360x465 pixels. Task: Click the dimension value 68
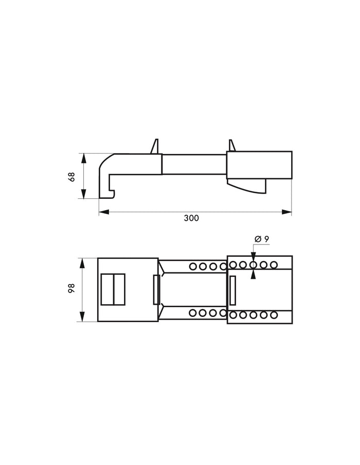tap(72, 176)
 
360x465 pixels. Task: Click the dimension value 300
tap(191, 218)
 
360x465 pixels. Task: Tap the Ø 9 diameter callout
tap(262, 239)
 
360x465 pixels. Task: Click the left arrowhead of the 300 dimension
tap(104, 212)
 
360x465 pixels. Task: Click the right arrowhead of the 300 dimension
tap(286, 212)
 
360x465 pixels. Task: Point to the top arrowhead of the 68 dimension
tap(84, 158)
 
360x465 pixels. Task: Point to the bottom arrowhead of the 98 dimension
tap(82, 316)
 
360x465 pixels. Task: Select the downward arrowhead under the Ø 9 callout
tap(253, 257)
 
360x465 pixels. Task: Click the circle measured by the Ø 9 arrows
tap(253, 265)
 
